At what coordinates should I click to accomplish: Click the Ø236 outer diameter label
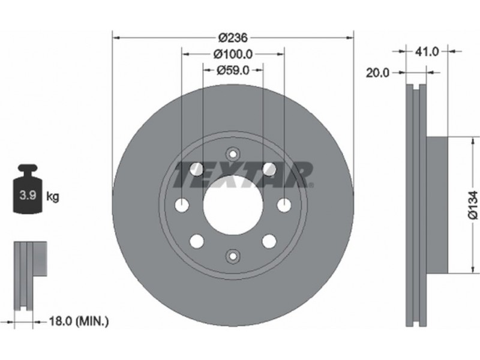click(x=233, y=38)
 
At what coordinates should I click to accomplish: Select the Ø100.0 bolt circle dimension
click(x=233, y=54)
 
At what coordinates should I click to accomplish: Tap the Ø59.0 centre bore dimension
click(x=233, y=70)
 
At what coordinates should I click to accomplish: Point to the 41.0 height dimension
click(x=427, y=52)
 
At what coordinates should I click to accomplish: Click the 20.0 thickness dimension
click(x=378, y=73)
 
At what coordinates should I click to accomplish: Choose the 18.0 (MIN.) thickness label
click(x=79, y=321)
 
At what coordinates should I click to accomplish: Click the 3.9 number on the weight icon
click(x=28, y=195)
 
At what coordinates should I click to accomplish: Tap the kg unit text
click(x=52, y=196)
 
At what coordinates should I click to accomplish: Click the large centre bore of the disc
click(x=233, y=205)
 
